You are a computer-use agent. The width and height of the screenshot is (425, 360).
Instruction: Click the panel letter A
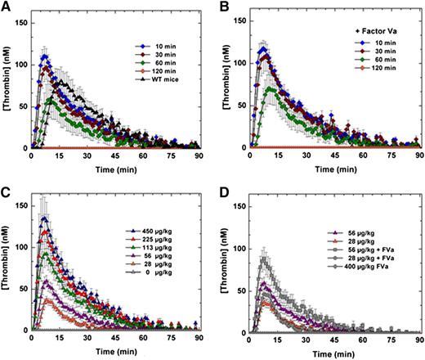point(7,7)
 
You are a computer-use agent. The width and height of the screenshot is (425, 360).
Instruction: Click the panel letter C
point(7,191)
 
